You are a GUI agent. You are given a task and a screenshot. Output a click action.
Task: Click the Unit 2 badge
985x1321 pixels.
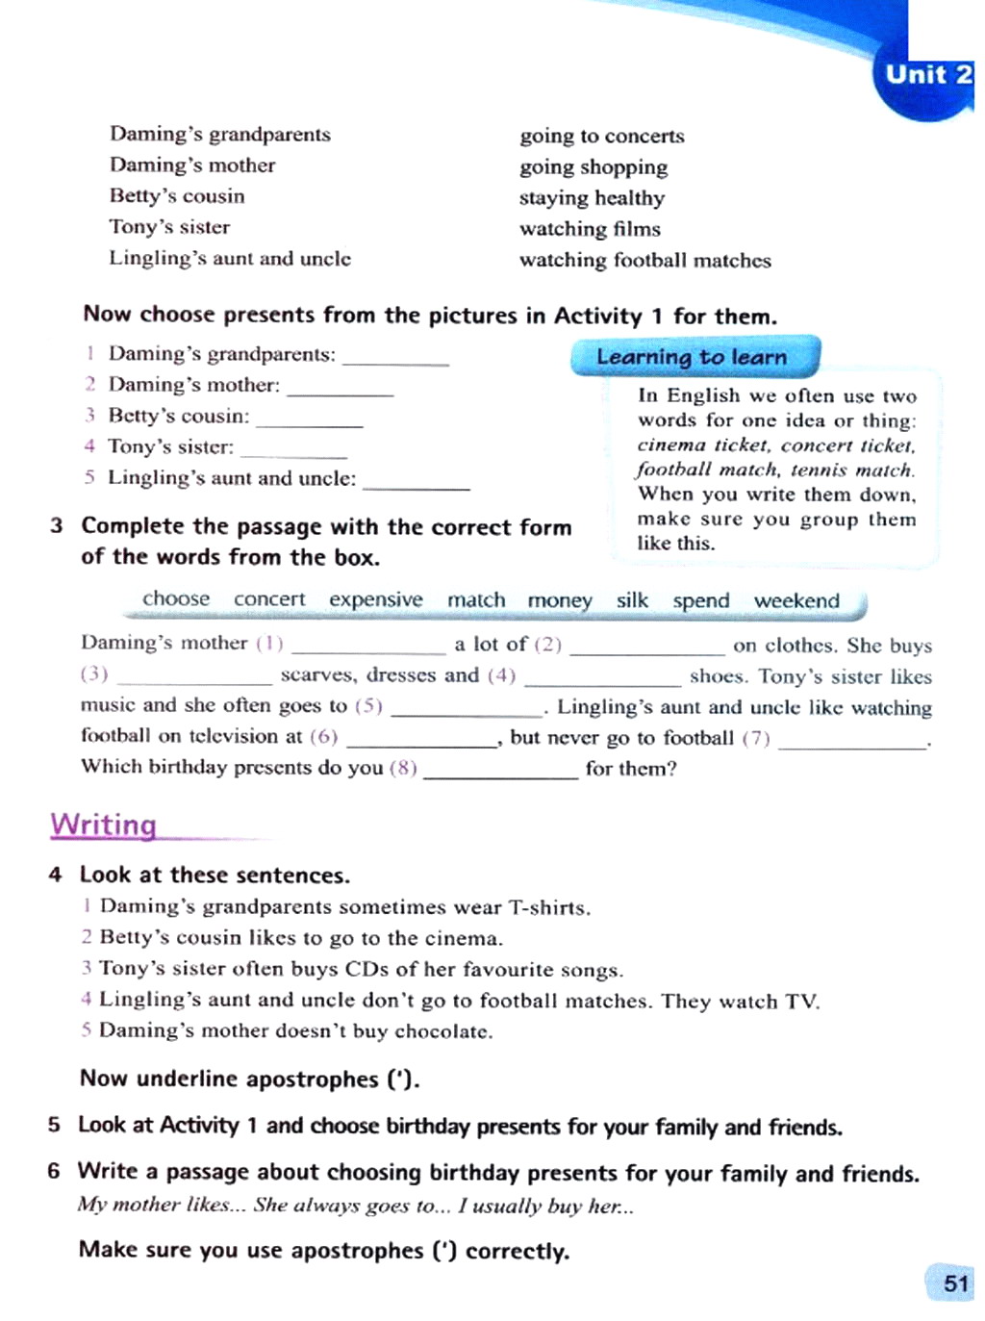[x=926, y=75]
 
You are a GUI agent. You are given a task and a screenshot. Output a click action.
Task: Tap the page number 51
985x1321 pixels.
[x=955, y=1283]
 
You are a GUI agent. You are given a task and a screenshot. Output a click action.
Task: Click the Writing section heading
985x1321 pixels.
[x=103, y=825]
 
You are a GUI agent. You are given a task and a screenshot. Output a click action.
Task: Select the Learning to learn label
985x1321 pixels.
[x=692, y=357]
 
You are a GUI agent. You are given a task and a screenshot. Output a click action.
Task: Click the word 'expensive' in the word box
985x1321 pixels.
[x=375, y=599]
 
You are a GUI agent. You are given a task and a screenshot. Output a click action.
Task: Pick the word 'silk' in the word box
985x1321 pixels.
[x=632, y=600]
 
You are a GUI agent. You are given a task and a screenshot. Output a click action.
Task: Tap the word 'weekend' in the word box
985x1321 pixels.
[x=796, y=600]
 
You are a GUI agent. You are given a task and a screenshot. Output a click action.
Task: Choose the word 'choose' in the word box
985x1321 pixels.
[x=176, y=598]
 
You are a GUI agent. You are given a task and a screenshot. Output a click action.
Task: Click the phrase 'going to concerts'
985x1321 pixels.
[x=602, y=136]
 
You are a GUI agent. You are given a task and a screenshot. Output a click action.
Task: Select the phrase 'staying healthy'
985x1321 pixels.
[x=592, y=198]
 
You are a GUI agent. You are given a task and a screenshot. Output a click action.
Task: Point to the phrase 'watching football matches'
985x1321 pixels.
[x=644, y=260]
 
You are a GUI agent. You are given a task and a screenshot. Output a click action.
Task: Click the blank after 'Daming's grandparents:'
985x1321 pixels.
[x=395, y=358]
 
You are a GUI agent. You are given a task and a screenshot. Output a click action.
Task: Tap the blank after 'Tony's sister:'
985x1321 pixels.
[x=293, y=450]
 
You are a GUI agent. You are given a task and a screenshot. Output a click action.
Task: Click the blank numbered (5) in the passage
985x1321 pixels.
[x=467, y=710]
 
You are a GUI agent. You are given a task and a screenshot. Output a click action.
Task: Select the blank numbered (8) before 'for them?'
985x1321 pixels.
[x=500, y=772]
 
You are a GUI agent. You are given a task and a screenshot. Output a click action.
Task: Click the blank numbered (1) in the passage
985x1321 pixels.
[x=368, y=647]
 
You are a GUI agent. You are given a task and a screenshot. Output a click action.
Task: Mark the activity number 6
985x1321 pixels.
[x=54, y=1171]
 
